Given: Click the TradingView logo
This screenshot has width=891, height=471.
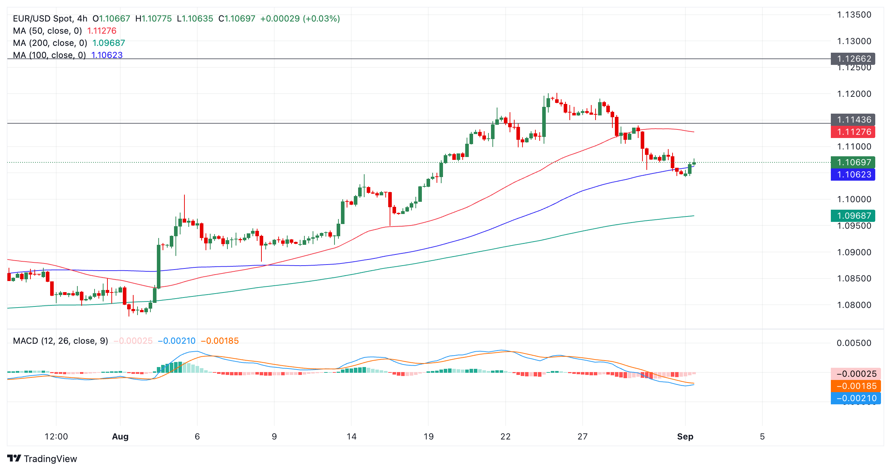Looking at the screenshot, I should pyautogui.click(x=42, y=458).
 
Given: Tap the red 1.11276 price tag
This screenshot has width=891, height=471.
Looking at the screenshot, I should pyautogui.click(x=853, y=132).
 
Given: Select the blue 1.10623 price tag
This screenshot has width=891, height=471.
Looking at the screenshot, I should pyautogui.click(x=853, y=175).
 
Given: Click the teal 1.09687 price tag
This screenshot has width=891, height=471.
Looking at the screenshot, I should pyautogui.click(x=853, y=215).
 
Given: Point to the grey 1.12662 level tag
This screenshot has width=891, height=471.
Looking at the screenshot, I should pyautogui.click(x=853, y=58).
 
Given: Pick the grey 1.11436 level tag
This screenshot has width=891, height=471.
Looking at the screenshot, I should pyautogui.click(x=853, y=119).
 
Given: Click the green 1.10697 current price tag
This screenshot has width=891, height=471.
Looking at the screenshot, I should pyautogui.click(x=853, y=162).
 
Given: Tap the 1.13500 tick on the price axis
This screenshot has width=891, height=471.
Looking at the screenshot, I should pyautogui.click(x=854, y=15).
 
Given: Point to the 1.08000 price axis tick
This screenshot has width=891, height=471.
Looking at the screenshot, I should pyautogui.click(x=854, y=305).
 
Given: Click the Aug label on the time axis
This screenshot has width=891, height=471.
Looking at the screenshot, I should pyautogui.click(x=120, y=437).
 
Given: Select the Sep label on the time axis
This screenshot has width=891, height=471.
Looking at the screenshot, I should pyautogui.click(x=685, y=437).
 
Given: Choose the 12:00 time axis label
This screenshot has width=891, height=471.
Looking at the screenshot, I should pyautogui.click(x=56, y=437).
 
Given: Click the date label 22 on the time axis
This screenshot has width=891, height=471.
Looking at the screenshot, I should pyautogui.click(x=505, y=437).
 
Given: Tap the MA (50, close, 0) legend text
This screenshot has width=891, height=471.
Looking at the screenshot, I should pyautogui.click(x=47, y=31).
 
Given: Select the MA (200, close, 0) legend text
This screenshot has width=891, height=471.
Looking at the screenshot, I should pyautogui.click(x=50, y=43).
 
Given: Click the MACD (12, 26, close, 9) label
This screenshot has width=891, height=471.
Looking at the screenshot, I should pyautogui.click(x=61, y=341).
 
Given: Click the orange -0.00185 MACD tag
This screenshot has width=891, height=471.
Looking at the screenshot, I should pyautogui.click(x=856, y=386).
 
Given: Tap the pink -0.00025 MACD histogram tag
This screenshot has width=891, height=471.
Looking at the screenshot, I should pyautogui.click(x=856, y=374).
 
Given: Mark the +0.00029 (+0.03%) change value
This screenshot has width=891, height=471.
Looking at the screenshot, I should pyautogui.click(x=300, y=19).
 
